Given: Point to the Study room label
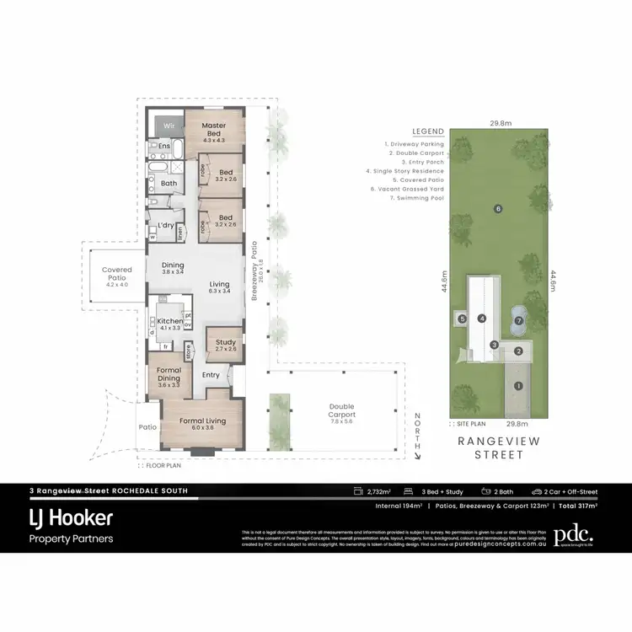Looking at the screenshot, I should (x=225, y=343).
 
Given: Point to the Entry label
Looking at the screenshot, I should (x=211, y=375).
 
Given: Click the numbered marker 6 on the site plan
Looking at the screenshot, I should (x=498, y=208).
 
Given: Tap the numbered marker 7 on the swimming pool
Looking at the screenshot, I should (x=519, y=320).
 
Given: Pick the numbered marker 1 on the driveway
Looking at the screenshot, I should (x=518, y=386).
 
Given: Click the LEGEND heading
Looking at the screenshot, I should (x=427, y=132).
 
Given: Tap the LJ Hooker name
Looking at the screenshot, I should (x=71, y=517).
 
